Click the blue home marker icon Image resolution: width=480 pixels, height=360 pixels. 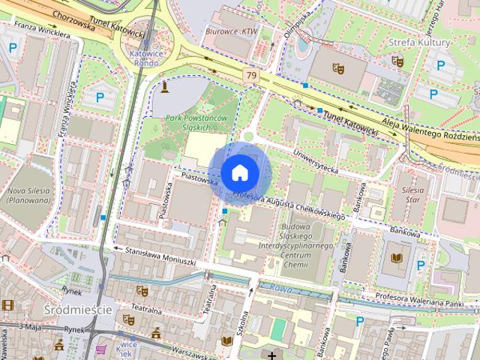click(239, 172)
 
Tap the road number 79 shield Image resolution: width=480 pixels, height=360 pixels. click(250, 76)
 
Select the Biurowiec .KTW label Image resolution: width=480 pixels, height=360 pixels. click(232, 32)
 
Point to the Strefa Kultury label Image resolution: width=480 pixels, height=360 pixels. click(419, 42)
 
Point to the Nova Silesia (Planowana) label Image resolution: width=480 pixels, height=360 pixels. click(26, 195)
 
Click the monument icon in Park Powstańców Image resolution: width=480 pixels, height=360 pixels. click(164, 87)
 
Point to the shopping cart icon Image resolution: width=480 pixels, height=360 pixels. click(101, 350)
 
